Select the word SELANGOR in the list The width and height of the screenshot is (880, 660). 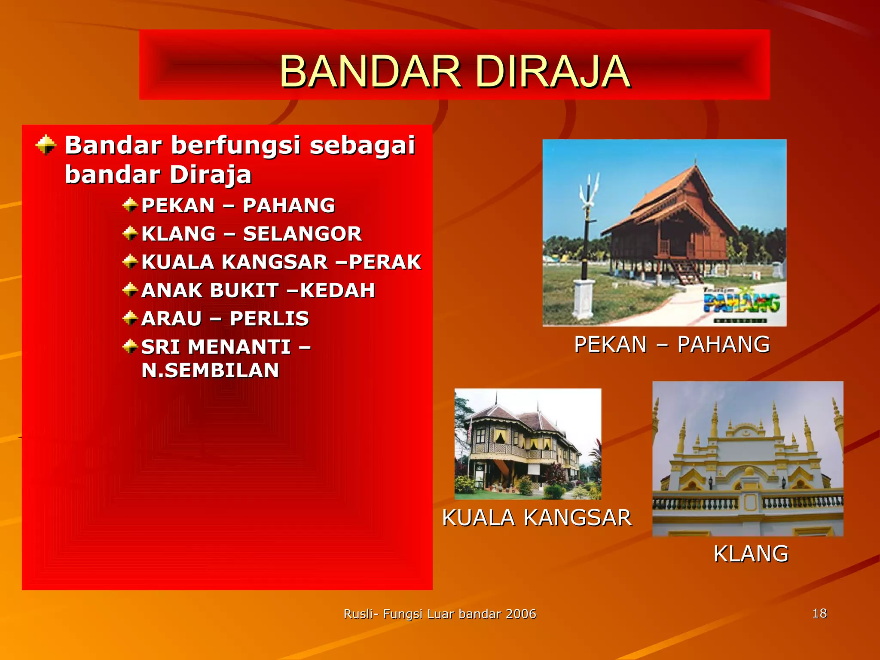click(302, 234)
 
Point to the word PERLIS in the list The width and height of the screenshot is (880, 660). click(269, 319)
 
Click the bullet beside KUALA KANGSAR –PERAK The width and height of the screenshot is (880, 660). click(130, 261)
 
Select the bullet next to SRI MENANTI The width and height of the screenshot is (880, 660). click(130, 346)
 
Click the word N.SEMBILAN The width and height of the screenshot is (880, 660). click(210, 371)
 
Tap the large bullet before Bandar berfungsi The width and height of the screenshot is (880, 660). click(46, 145)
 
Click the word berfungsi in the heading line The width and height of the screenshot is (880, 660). click(236, 145)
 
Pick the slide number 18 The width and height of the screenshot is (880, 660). click(819, 613)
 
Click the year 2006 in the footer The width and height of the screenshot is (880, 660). click(521, 614)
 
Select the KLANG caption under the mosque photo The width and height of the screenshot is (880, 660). click(751, 553)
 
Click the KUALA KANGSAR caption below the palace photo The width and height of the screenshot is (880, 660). click(537, 517)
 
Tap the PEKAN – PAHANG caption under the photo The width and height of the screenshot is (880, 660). click(672, 345)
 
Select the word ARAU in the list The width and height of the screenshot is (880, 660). click(171, 319)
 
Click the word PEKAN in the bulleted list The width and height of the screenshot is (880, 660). click(178, 205)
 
